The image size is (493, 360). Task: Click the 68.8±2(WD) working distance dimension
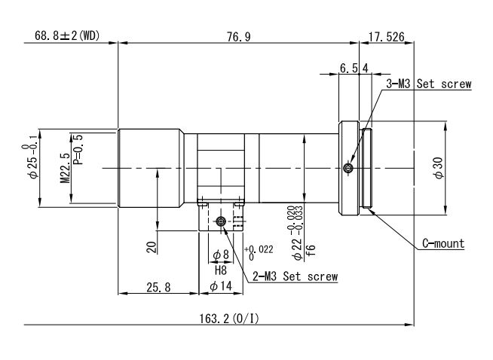[x=67, y=35]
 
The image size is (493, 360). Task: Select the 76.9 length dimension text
[x=239, y=37]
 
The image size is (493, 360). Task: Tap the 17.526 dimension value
[x=386, y=37]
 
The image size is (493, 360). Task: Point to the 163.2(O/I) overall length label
[x=229, y=319]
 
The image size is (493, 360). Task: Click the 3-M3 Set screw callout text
[x=429, y=84]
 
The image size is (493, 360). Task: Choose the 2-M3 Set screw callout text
[x=295, y=276]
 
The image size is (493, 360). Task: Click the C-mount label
[x=443, y=243]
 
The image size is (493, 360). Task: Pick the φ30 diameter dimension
[x=439, y=168]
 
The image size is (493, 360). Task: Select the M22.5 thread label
[x=66, y=168]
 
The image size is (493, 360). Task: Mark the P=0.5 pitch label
[x=78, y=150]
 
